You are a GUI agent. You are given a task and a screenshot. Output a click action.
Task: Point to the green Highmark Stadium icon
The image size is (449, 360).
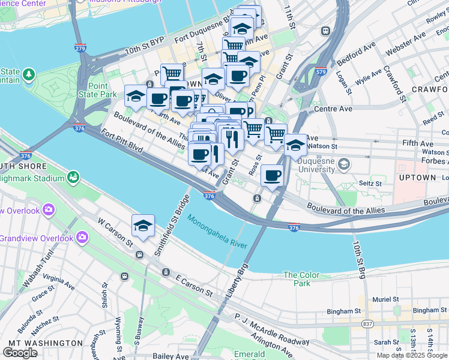[73, 177]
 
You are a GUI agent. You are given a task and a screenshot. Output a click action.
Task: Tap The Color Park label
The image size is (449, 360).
[302, 279]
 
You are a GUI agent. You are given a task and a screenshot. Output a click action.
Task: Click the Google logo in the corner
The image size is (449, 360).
[20, 353]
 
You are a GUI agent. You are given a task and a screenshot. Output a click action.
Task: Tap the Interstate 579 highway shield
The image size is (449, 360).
[322, 71]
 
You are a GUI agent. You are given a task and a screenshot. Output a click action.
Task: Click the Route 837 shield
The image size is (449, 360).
[367, 325]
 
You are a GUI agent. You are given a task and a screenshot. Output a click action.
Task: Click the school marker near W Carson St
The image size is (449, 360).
[143, 226]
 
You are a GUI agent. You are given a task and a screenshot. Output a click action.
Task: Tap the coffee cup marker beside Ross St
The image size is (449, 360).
[272, 176]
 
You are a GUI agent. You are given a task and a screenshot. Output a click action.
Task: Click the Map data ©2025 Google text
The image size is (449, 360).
[412, 355]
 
